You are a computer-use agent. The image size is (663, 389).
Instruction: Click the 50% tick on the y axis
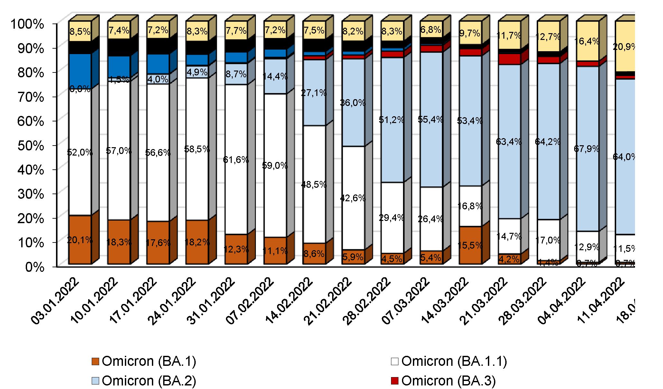click(x=31, y=146)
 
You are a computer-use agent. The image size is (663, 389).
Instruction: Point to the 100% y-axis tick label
click(x=27, y=24)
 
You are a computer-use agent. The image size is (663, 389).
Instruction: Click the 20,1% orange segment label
click(x=80, y=240)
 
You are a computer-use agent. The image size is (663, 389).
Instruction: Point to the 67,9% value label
click(x=587, y=149)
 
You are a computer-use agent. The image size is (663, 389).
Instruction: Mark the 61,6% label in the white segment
click(x=236, y=159)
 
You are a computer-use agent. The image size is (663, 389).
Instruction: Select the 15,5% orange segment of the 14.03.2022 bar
click(x=470, y=245)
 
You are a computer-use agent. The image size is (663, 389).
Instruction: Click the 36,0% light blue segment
click(x=353, y=103)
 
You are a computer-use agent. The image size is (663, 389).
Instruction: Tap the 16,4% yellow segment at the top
click(x=587, y=41)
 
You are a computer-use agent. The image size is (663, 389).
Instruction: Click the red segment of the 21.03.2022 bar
click(x=509, y=59)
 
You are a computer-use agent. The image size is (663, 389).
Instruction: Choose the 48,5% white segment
click(x=314, y=185)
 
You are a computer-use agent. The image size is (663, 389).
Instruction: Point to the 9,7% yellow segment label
click(x=470, y=33)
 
